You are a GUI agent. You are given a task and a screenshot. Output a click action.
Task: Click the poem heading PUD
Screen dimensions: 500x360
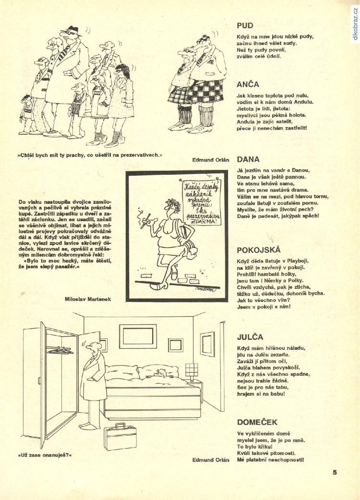click(x=245, y=25)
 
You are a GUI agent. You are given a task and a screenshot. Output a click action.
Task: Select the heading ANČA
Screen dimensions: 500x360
click(x=248, y=84)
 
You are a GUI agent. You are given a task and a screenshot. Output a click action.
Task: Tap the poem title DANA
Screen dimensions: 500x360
click(x=248, y=159)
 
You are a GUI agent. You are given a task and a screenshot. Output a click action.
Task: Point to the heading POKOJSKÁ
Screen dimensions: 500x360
click(x=259, y=250)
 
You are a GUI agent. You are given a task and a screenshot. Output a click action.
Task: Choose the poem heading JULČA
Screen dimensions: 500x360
click(x=250, y=337)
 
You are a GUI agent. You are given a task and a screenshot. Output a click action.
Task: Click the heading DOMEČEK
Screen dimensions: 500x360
click(x=257, y=422)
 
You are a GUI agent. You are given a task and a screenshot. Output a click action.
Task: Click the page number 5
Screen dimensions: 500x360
click(x=334, y=472)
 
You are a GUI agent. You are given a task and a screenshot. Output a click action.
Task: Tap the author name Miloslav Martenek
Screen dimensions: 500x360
click(x=87, y=299)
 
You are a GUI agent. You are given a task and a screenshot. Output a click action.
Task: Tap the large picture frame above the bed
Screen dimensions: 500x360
click(x=138, y=336)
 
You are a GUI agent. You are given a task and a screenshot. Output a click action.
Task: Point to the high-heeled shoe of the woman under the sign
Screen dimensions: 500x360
click(x=171, y=275)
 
